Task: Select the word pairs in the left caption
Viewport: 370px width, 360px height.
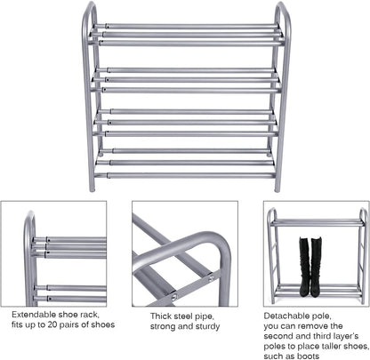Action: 75,325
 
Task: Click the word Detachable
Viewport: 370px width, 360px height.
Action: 286,315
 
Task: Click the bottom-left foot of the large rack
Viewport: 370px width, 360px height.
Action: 91,188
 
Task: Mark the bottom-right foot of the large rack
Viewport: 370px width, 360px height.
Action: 277,188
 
